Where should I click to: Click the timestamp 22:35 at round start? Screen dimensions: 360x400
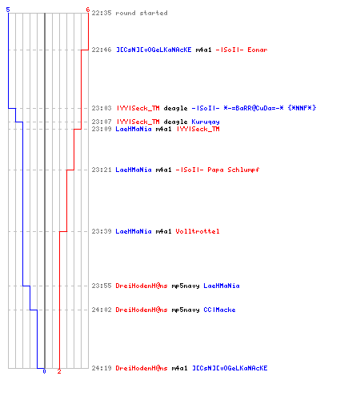[102, 13]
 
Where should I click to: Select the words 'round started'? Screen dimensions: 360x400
[142, 13]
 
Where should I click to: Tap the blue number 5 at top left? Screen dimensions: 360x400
[8, 10]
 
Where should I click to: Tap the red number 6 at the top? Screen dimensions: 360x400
[88, 10]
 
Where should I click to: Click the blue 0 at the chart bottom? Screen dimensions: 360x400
[44, 371]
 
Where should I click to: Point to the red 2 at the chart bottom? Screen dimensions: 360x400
[59, 371]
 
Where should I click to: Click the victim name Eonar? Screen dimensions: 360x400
[258, 50]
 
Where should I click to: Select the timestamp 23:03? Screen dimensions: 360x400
[102, 108]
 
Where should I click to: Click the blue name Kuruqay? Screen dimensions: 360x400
[206, 122]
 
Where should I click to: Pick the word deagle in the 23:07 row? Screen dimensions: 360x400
[175, 122]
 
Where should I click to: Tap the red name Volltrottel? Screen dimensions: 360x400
[198, 231]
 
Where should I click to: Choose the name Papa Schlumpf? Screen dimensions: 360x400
[234, 170]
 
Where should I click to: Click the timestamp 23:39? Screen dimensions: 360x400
[102, 231]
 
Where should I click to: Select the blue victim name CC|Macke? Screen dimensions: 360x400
[219, 310]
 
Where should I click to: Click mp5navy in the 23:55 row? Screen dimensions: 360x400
[186, 286]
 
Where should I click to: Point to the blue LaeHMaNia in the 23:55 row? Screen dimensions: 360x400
[222, 286]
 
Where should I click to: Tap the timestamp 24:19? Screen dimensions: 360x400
[102, 368]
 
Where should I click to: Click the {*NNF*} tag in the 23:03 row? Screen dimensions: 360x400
[302, 108]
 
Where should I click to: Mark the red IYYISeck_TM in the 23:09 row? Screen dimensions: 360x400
[198, 129]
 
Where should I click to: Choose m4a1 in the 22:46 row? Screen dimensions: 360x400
[203, 50]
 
